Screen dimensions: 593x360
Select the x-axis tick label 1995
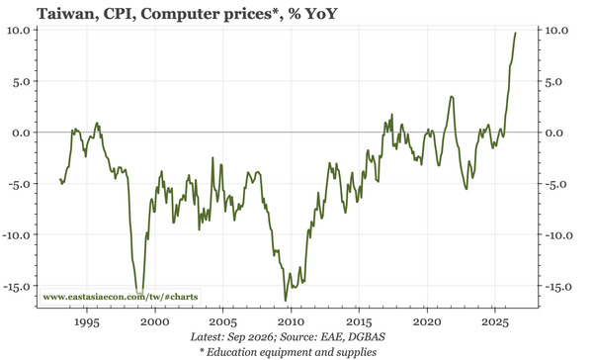[x=87, y=322]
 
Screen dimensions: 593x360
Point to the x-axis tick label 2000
[x=155, y=322]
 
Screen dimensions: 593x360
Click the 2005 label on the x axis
[x=222, y=322]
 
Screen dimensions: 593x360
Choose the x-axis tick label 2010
[x=291, y=322]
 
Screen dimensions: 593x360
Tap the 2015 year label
[x=359, y=322]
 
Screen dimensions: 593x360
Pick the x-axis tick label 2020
[x=427, y=322]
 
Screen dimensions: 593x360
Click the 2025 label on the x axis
[x=495, y=322]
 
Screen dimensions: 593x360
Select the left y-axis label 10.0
[x=20, y=30]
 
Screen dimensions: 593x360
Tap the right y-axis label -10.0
[x=559, y=235]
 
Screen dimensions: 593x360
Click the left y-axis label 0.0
[x=22, y=133]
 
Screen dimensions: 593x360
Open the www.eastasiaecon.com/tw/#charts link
[x=121, y=297]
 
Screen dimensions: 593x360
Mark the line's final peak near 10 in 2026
[x=516, y=33]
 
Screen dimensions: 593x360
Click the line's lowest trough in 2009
[x=286, y=301]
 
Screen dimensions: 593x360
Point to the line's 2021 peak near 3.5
[x=452, y=97]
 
